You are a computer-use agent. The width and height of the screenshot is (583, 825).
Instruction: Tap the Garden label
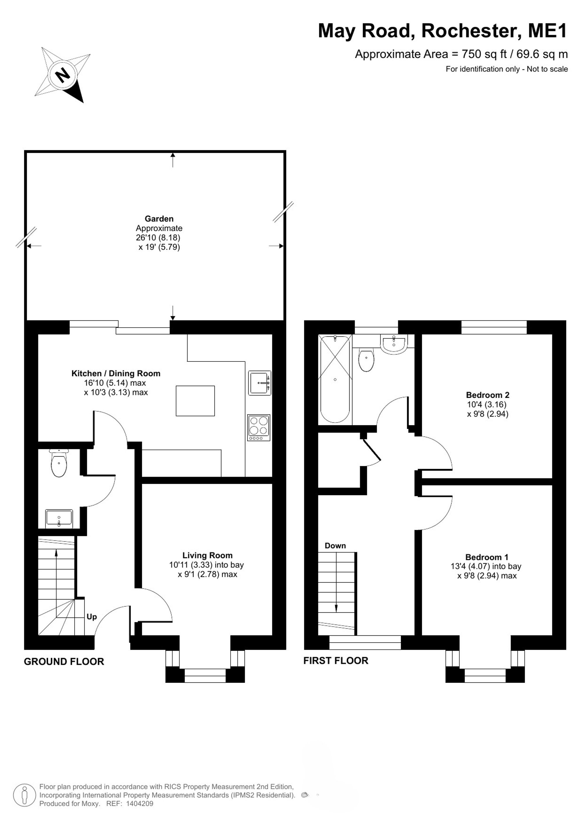(x=159, y=219)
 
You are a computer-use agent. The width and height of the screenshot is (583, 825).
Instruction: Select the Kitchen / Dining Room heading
(x=116, y=373)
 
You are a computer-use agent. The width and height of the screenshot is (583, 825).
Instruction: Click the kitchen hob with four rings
(x=259, y=428)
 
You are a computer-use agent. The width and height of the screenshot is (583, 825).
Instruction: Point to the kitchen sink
(x=259, y=383)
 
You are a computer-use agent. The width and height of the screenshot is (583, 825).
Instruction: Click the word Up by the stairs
(x=92, y=617)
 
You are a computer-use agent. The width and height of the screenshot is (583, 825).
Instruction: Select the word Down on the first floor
(x=335, y=546)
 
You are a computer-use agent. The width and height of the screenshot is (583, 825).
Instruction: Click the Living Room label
(x=208, y=555)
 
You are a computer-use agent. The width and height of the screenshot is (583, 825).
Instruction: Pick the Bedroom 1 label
(x=487, y=557)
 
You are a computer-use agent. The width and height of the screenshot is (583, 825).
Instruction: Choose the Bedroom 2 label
(x=487, y=395)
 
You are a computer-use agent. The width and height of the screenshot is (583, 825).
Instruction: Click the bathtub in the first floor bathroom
(x=335, y=379)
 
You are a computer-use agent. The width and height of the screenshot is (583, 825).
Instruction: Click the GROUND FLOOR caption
(x=64, y=662)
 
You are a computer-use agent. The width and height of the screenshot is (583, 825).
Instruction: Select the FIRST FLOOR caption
(x=336, y=660)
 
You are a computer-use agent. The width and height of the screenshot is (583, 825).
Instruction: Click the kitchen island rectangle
(x=195, y=401)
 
